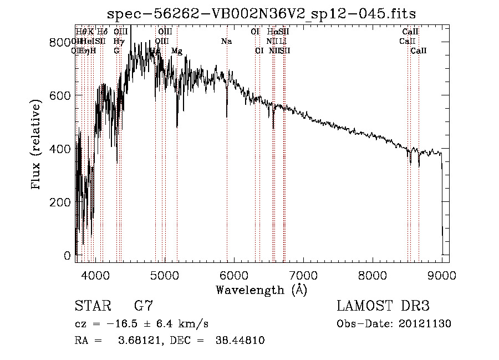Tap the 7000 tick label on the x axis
click(303, 275)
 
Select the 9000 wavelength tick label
click(442, 275)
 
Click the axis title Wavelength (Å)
click(262, 290)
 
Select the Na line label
click(226, 42)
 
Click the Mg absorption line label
click(177, 51)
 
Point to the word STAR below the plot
click(92, 306)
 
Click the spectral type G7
click(144, 306)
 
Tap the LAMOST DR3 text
click(383, 306)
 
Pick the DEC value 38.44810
click(240, 341)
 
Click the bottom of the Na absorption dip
click(227, 116)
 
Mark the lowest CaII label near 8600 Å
click(419, 51)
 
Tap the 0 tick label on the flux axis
click(68, 256)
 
